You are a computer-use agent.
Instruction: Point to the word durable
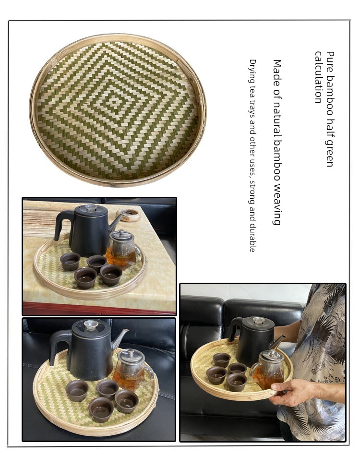pos(252,238)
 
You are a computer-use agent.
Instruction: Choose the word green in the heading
pos(330,153)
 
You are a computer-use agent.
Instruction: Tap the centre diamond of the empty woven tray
pos(113,102)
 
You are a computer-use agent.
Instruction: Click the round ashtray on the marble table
pos(128,215)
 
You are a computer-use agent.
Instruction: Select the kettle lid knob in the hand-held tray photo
pos(258,321)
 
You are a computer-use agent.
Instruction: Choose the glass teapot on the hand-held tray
pos(268,370)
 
